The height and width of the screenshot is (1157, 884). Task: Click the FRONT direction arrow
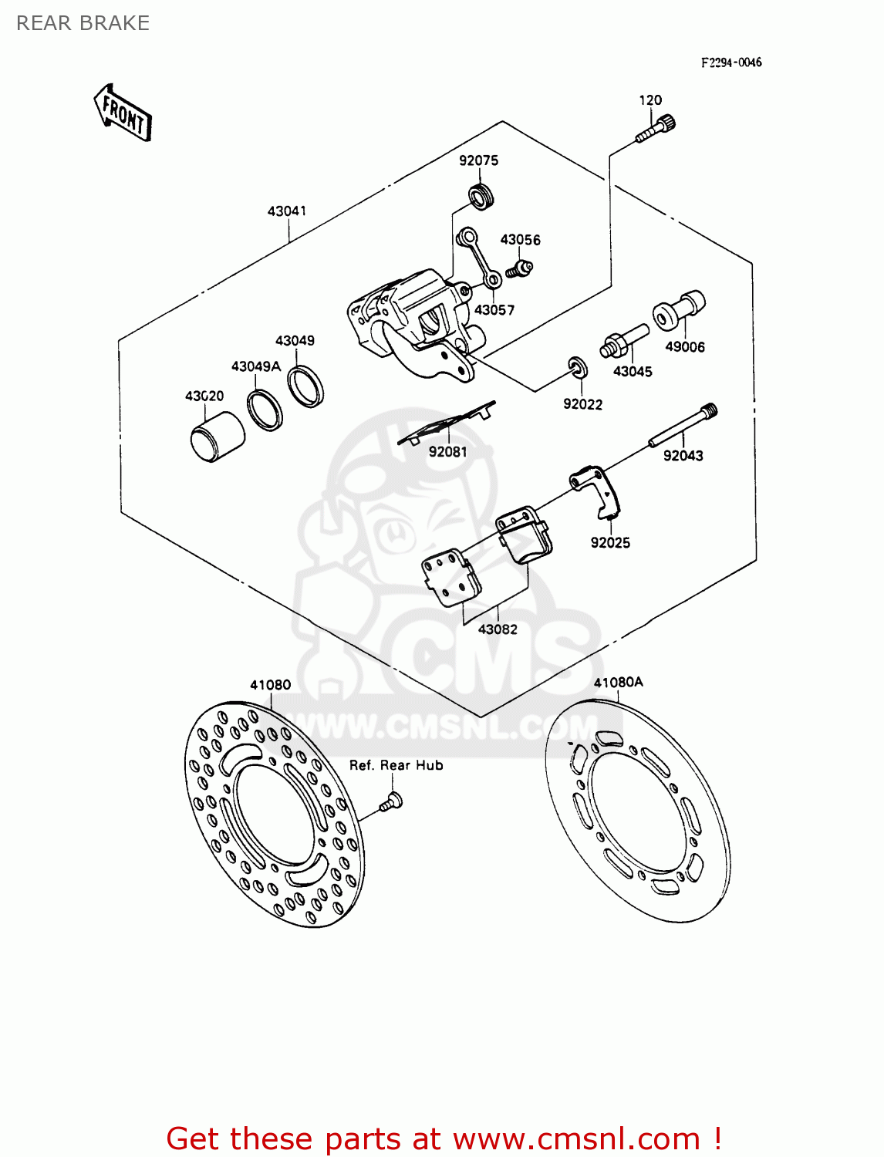pyautogui.click(x=123, y=113)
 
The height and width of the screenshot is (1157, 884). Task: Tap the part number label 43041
pyautogui.click(x=287, y=211)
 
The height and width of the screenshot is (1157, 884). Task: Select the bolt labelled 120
pyautogui.click(x=656, y=129)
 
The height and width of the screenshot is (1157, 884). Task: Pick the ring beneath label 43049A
pyautogui.click(x=265, y=410)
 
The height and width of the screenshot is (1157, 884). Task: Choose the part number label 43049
pyautogui.click(x=295, y=340)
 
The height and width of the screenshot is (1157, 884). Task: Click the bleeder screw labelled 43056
pyautogui.click(x=519, y=268)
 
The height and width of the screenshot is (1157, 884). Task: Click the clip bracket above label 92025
pyautogui.click(x=596, y=490)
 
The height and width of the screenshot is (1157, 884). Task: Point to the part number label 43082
pyautogui.click(x=498, y=629)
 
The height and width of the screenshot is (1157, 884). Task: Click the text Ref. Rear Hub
pyautogui.click(x=396, y=765)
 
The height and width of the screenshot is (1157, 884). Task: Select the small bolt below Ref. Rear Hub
pyautogui.click(x=391, y=801)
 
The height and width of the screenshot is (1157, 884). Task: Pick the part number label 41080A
pyautogui.click(x=618, y=682)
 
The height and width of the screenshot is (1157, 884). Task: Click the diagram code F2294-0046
pyautogui.click(x=730, y=62)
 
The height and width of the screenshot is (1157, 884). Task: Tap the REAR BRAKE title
pyautogui.click(x=83, y=23)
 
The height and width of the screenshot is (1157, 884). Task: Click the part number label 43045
pyautogui.click(x=633, y=371)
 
